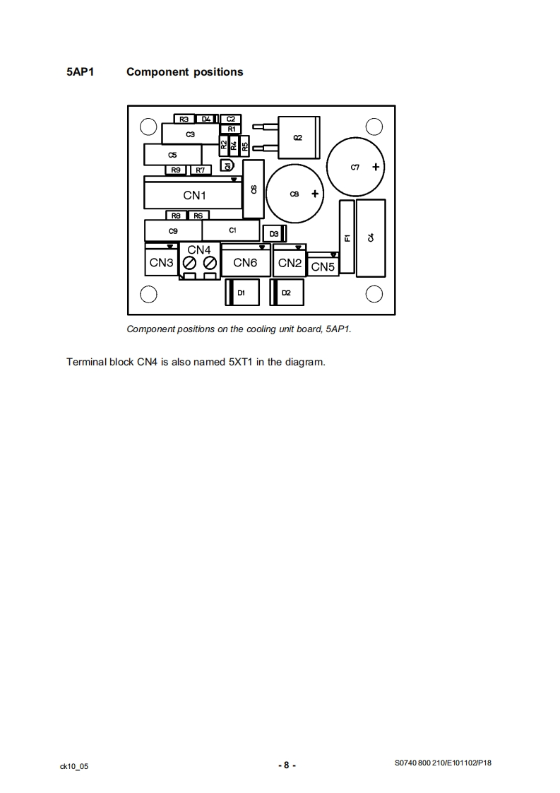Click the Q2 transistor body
pos(298,137)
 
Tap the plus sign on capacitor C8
pos(315,194)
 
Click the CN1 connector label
pos(194,195)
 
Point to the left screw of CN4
pos(189,264)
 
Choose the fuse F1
pos(347,237)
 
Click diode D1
pos(242,292)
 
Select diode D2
pos(286,292)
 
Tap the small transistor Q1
pos(227,165)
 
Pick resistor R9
pos(176,170)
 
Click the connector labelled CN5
pos(323,266)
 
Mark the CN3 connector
pos(162,263)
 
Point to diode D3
pos(273,233)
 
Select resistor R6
pos(198,216)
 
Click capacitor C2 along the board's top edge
pos(230,119)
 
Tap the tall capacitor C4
pos(371,237)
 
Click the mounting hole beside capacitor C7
pos(374,127)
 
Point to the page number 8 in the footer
pos(286,765)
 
